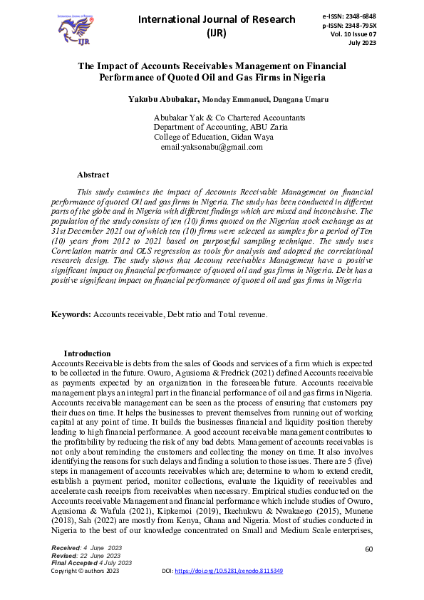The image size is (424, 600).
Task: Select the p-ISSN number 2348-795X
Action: pos(375,25)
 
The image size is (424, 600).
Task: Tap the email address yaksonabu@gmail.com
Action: pos(212,147)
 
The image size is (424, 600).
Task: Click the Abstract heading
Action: pos(93,175)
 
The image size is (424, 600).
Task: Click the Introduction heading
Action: pos(87,353)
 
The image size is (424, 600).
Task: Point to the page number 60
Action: pos(368,549)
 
